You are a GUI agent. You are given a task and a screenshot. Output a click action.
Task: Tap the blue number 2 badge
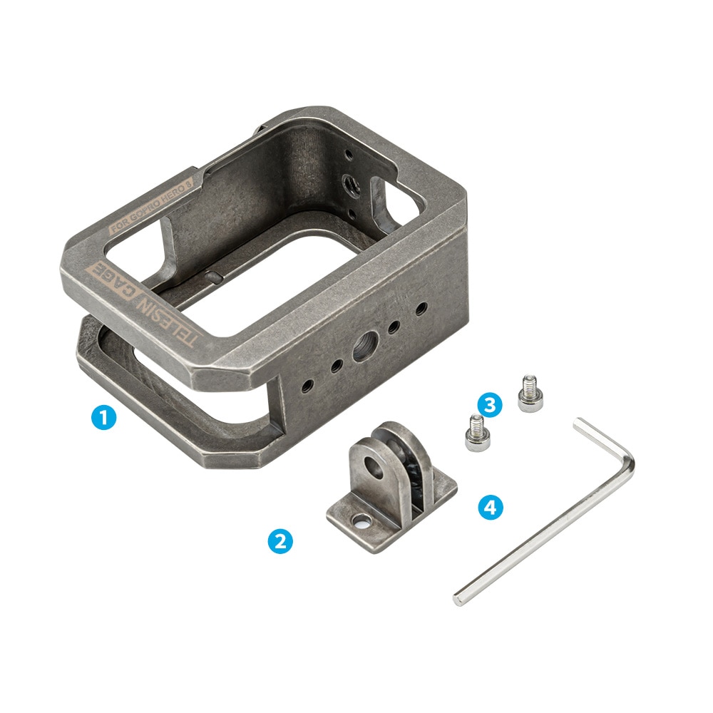coord(280,540)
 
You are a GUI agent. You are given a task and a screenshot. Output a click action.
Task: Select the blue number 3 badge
coord(490,404)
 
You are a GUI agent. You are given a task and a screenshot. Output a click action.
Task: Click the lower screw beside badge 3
coord(475,433)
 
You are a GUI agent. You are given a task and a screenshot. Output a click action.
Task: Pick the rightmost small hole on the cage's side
coord(422,309)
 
